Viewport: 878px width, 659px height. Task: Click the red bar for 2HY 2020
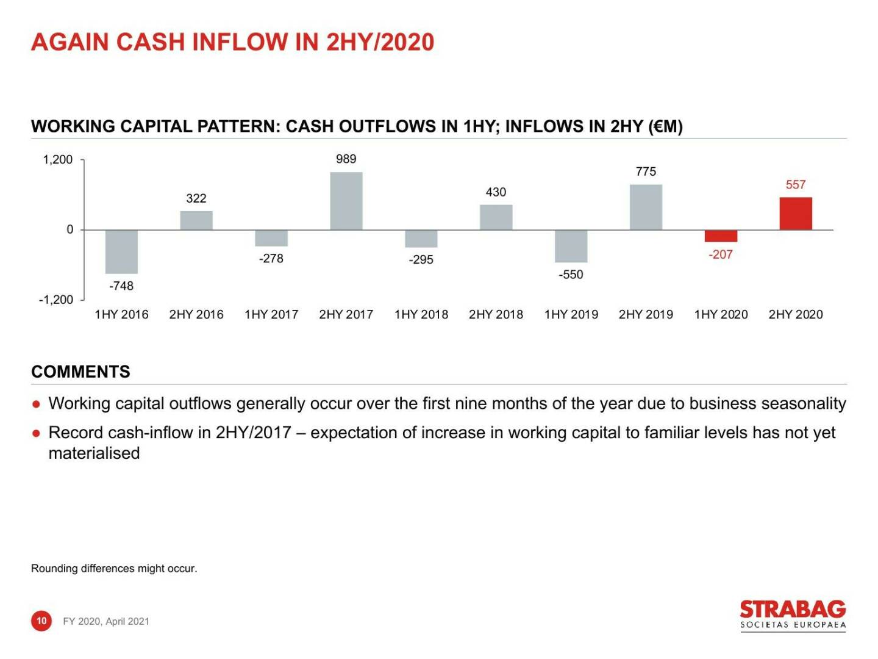pos(796,214)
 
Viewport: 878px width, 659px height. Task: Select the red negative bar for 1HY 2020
pos(721,236)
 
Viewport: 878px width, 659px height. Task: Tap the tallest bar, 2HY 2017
pos(346,201)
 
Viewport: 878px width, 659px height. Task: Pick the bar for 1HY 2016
pos(121,251)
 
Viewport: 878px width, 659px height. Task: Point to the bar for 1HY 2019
pos(571,246)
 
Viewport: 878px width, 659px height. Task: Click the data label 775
pos(646,171)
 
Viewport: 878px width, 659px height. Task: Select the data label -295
pos(421,259)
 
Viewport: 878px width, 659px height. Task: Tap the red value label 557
pos(796,184)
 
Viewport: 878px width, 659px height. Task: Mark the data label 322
pos(196,198)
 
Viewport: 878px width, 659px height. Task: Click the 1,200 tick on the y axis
pos(57,160)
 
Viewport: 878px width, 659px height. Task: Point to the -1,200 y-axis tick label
pos(55,300)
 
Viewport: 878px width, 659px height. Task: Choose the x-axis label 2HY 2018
pos(496,314)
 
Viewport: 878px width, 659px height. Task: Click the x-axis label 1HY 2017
pos(271,314)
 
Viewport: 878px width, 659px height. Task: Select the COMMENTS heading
pos(80,372)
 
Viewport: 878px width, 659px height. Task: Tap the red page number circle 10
pos(41,621)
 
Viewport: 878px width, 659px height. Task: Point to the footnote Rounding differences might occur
pos(114,568)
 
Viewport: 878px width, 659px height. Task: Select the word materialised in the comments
pos(94,453)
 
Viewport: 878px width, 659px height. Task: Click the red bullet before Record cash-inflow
pos(37,433)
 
